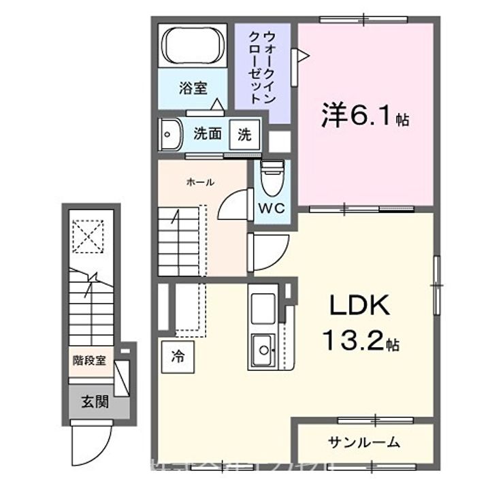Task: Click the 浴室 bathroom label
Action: point(193,88)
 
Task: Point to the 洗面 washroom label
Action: point(208,134)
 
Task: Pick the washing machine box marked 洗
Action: point(244,134)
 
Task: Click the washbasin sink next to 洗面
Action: point(169,134)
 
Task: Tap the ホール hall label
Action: point(200,182)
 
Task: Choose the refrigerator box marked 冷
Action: point(177,355)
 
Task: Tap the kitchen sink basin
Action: point(261,350)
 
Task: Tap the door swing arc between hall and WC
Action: point(233,204)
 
